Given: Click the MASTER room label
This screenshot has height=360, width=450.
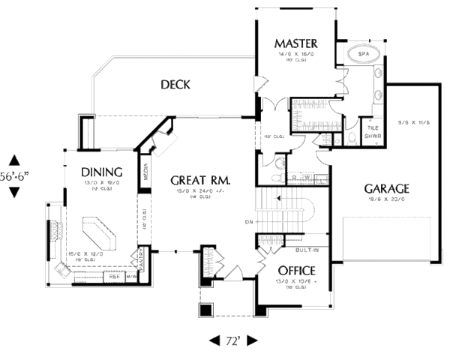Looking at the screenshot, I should pos(295,43).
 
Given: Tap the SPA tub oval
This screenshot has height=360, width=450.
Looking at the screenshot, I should pos(364,55).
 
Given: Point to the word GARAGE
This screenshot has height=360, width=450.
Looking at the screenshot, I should pos(386,188).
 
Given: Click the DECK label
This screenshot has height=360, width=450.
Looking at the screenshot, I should pos(175,85).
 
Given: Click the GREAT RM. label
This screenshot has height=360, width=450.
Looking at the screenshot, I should pos(199,181).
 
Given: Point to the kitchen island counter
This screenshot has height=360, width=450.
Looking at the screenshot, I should pos(98,234).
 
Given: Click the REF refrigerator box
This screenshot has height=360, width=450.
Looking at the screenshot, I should pos(115,277).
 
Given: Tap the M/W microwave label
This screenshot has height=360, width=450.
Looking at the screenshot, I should pos(133,277).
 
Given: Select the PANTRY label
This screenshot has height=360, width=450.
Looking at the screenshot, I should pos(140,257).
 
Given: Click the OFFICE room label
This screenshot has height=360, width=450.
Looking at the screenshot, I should pos(295,270).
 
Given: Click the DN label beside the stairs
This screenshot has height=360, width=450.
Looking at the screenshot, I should pos(249,222).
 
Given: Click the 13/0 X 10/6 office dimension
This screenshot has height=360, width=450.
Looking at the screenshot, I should pos(294,282).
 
